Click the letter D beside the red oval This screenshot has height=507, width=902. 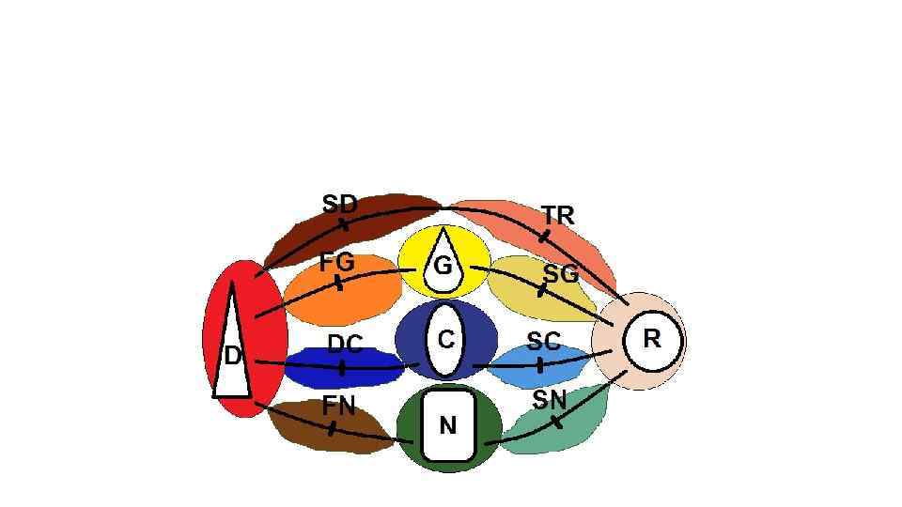pyautogui.click(x=232, y=356)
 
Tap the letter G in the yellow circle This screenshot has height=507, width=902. pyautogui.click(x=442, y=266)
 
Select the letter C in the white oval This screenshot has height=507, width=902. pyautogui.click(x=446, y=338)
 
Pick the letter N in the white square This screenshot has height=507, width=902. pyautogui.click(x=448, y=426)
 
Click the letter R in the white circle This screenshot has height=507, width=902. pyautogui.click(x=651, y=338)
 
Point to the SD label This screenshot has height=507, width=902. pyautogui.click(x=339, y=204)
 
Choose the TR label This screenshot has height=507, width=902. pyautogui.click(x=557, y=215)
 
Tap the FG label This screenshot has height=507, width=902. pyautogui.click(x=336, y=263)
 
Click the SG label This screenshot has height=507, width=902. pyautogui.click(x=561, y=274)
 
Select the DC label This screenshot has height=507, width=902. pyautogui.click(x=345, y=344)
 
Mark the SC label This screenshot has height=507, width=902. pyautogui.click(x=543, y=342)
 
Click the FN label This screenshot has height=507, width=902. pyautogui.click(x=338, y=406)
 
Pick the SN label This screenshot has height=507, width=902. pyautogui.click(x=550, y=400)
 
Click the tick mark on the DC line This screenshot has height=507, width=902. pyautogui.click(x=342, y=367)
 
